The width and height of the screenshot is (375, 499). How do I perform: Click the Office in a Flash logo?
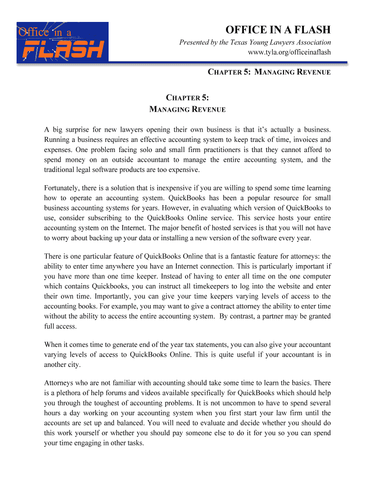click(62, 42)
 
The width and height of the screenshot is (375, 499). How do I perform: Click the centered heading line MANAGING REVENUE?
click(187, 109)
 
